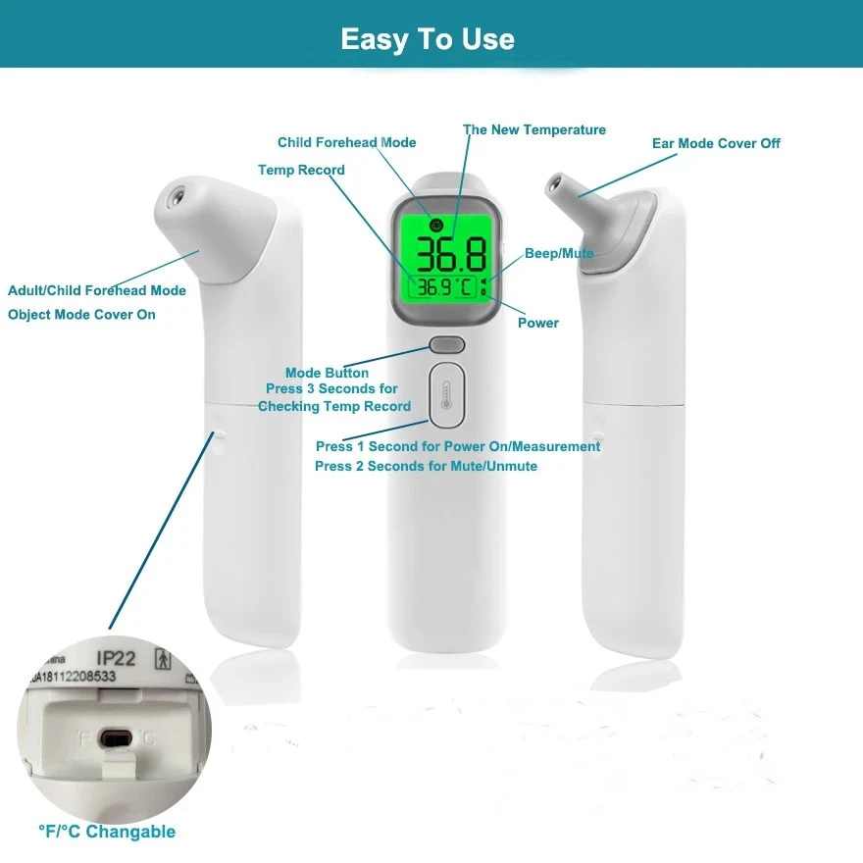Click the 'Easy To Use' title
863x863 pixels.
428,39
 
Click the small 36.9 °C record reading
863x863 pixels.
444,288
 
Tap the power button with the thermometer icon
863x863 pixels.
446,396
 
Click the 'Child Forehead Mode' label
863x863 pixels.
346,143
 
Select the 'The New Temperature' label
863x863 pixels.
534,129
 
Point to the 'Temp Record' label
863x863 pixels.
301,171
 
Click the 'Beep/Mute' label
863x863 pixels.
559,253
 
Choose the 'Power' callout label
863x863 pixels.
537,323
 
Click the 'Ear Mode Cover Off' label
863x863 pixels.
716,143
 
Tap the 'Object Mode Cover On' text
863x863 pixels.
81,315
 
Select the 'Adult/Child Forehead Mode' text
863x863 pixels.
97,290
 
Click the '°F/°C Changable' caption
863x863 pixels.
107,832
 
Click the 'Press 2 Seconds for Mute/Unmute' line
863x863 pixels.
426,467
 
